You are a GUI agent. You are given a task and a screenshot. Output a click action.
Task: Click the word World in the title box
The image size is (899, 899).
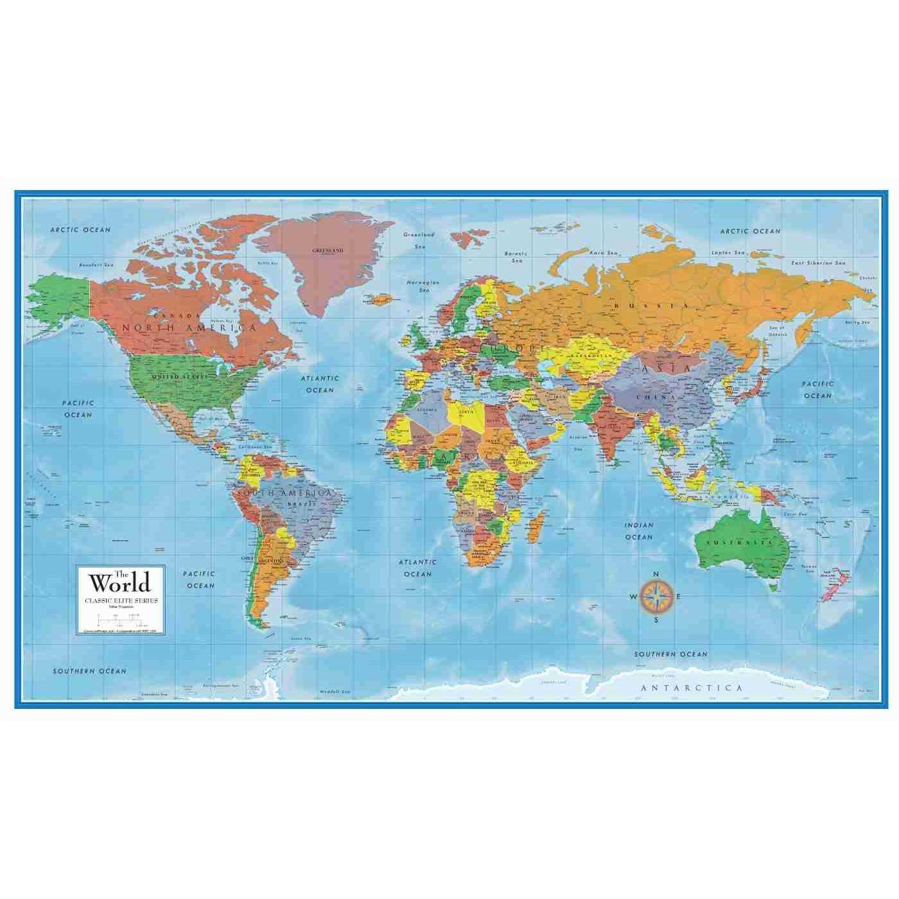click(120, 584)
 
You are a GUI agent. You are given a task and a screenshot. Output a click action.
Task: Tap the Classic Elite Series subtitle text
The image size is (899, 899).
click(121, 600)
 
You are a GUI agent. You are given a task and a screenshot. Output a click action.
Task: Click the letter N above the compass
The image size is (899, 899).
click(656, 575)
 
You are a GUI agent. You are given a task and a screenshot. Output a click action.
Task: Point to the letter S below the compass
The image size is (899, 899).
click(656, 620)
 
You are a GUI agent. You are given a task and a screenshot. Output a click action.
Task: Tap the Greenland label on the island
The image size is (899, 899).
click(327, 250)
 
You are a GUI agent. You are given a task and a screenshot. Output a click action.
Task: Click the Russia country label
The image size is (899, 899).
click(652, 306)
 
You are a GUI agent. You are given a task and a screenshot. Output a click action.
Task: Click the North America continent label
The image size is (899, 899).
click(189, 328)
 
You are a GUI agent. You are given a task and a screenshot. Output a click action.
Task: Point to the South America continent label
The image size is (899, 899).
click(284, 493)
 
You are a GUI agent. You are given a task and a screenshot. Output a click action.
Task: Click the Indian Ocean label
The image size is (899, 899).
click(639, 531)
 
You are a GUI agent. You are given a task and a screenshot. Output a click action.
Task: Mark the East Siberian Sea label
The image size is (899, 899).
click(819, 263)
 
